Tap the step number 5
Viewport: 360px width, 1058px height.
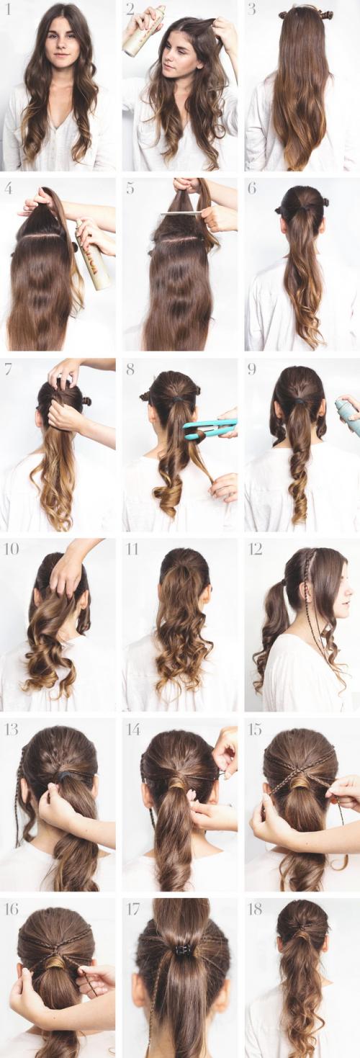pyautogui.click(x=130, y=189)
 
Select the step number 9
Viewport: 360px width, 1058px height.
pyautogui.click(x=252, y=369)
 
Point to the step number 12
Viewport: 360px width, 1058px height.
pyautogui.click(x=255, y=550)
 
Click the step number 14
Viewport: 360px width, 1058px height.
pyautogui.click(x=133, y=730)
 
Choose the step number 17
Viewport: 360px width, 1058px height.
pyautogui.click(x=132, y=909)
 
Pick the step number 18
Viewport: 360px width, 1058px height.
pyautogui.click(x=255, y=909)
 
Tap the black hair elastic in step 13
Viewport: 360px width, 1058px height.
pyautogui.click(x=64, y=777)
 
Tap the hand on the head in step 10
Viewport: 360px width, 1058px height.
pyautogui.click(x=70, y=569)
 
